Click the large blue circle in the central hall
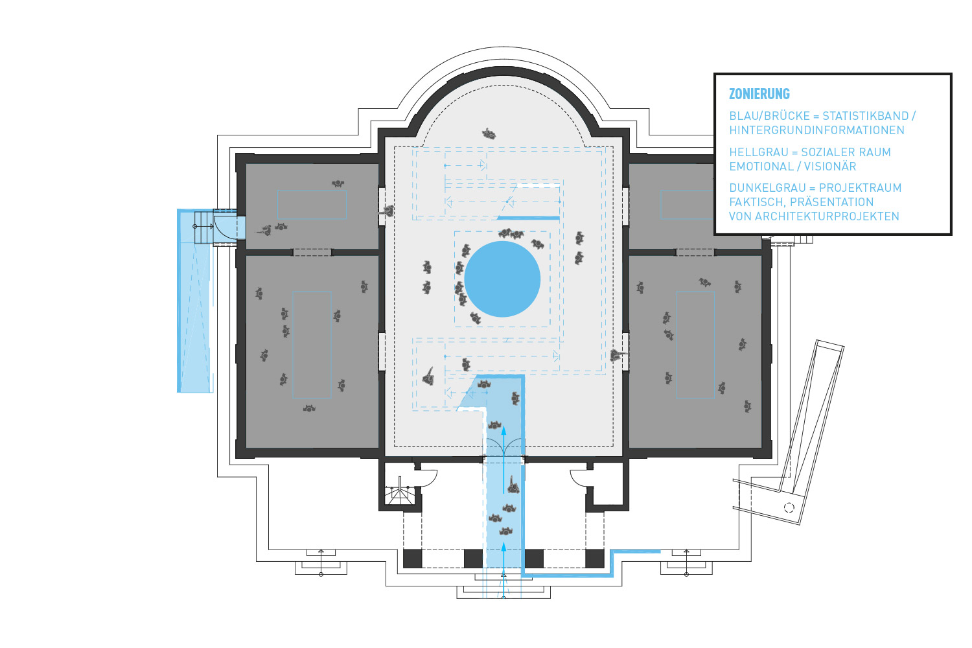[x=502, y=279]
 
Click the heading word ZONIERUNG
[x=759, y=94]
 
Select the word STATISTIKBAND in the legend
[x=865, y=116]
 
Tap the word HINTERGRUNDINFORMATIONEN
[x=816, y=130]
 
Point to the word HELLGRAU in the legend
[x=758, y=152]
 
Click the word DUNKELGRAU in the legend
[x=767, y=188]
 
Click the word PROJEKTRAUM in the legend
[x=860, y=188]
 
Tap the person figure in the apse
[x=489, y=135]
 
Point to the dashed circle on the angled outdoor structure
[x=789, y=507]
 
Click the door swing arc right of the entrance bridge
[x=578, y=478]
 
